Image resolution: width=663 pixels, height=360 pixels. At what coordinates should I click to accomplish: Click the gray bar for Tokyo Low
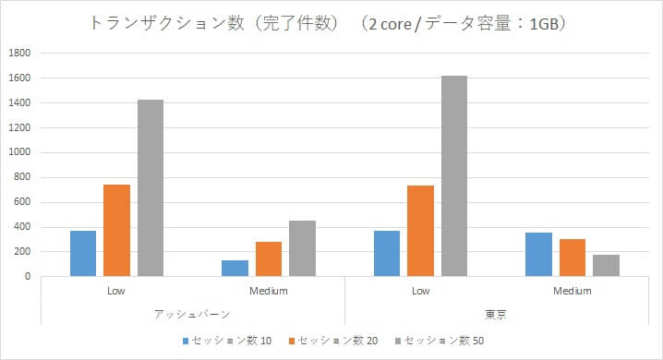point(453,175)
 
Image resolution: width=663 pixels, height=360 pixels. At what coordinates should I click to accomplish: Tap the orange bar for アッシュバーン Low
point(116,230)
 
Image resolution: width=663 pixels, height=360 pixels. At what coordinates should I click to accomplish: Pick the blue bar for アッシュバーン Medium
point(235,268)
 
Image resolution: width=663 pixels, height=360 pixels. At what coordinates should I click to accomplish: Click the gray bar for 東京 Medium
point(606,265)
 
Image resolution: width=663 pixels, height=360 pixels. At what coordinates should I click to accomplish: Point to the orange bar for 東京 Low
point(420,231)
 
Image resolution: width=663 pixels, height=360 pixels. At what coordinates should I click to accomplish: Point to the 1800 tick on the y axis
point(19,54)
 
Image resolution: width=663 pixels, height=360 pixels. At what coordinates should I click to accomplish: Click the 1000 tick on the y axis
point(19,152)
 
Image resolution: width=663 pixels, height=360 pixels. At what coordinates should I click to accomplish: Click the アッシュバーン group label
point(192,315)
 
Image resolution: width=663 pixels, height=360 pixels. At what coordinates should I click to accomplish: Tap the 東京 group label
point(496,315)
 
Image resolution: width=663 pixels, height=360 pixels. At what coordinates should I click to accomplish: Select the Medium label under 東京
point(572,291)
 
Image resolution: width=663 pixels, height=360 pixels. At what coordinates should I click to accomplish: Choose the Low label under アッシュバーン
point(116,291)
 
